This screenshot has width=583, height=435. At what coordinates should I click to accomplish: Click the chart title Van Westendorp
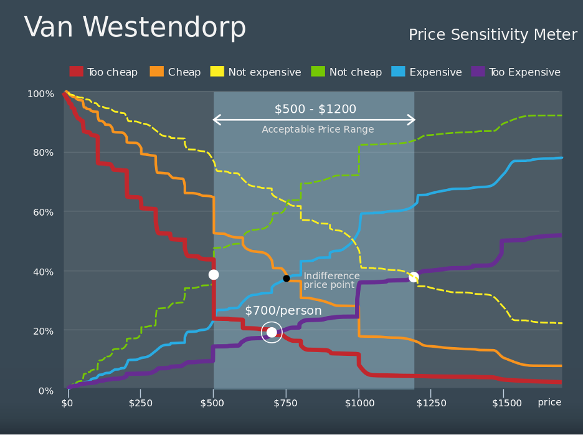pos(135,28)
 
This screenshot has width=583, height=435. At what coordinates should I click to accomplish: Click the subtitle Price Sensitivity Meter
pos(493,35)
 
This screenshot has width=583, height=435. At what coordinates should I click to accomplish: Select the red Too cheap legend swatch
pos(77,72)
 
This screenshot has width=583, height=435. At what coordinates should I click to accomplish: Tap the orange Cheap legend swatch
pos(157,72)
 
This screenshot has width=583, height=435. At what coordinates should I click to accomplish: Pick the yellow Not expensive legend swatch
pos(217,72)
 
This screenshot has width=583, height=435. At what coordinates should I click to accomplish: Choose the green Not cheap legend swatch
pos(318,72)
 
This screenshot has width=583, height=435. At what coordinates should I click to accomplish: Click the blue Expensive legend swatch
pos(398,72)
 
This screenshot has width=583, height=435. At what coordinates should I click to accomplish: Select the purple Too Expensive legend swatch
pos(478,72)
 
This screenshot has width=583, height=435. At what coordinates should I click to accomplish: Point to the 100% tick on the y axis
pos(40,94)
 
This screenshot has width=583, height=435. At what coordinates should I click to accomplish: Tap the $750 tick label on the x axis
pos(286,403)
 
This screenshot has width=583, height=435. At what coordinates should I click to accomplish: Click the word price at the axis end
pos(549,403)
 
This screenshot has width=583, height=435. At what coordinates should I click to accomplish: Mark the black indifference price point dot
pos(287,279)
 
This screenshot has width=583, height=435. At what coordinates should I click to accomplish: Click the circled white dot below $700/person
pos(272,333)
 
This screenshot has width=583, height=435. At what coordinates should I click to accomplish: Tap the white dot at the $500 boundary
pos(214,275)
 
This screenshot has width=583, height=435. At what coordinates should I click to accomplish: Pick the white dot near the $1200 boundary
pos(414,277)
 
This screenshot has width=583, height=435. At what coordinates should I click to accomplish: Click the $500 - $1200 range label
pos(315,110)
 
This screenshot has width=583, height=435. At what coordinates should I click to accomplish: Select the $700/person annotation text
pos(283,311)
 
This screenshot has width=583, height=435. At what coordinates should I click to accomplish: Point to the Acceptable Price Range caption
pos(318,130)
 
